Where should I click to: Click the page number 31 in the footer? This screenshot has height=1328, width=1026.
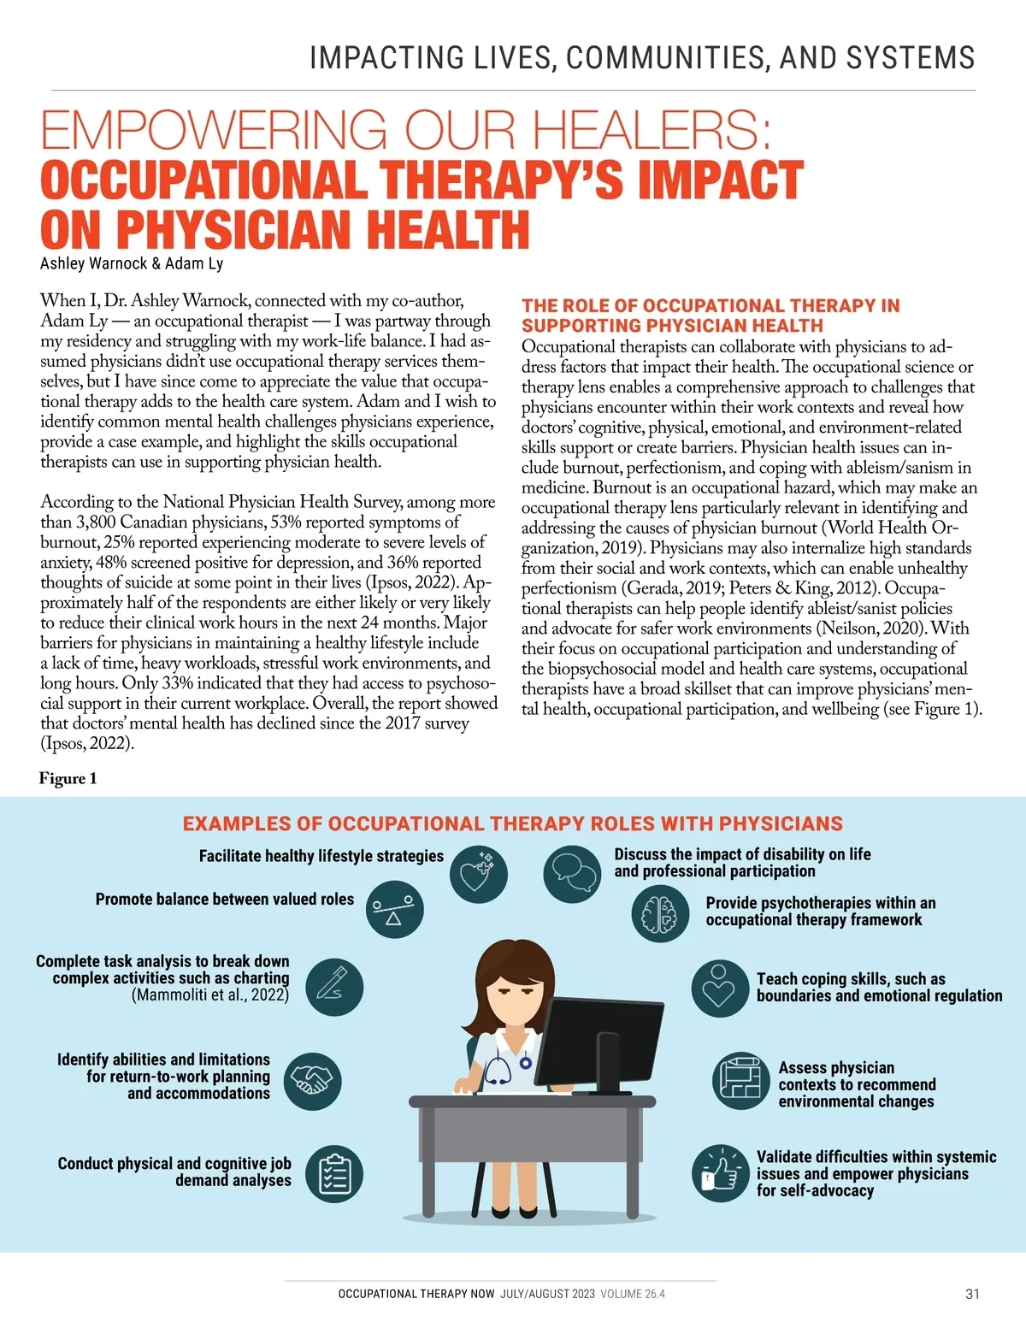point(972,1294)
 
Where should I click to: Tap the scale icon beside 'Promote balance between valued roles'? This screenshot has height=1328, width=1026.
point(394,910)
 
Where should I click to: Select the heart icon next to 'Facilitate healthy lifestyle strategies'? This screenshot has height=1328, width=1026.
point(478,874)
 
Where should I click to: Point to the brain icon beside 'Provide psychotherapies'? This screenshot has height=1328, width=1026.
point(660,913)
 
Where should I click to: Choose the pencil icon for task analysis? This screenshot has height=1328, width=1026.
point(334,987)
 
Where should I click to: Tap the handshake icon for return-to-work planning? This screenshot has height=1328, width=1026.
point(312,1081)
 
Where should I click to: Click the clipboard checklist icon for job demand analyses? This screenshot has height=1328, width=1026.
point(334,1174)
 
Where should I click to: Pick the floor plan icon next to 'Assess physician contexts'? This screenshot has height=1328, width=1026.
point(740,1080)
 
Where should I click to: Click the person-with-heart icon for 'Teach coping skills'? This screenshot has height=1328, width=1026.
point(720,988)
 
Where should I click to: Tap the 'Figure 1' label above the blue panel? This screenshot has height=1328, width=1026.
point(68,778)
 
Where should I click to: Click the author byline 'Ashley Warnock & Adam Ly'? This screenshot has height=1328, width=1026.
point(132,263)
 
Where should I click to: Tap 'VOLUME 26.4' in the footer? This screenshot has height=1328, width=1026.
point(632,1294)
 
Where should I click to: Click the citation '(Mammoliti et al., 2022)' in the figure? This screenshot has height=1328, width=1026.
point(210,995)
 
